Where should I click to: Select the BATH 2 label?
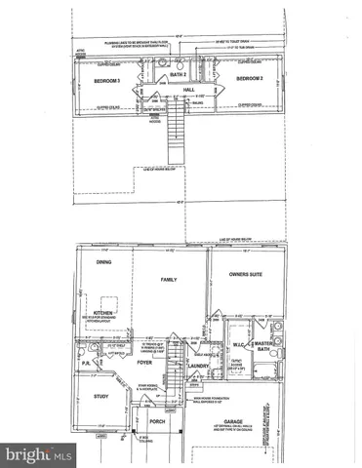point(178,74)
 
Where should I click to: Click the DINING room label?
point(103,262)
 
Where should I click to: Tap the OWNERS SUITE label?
point(237,276)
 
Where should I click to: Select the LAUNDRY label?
point(199,367)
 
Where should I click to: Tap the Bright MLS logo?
point(39,453)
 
